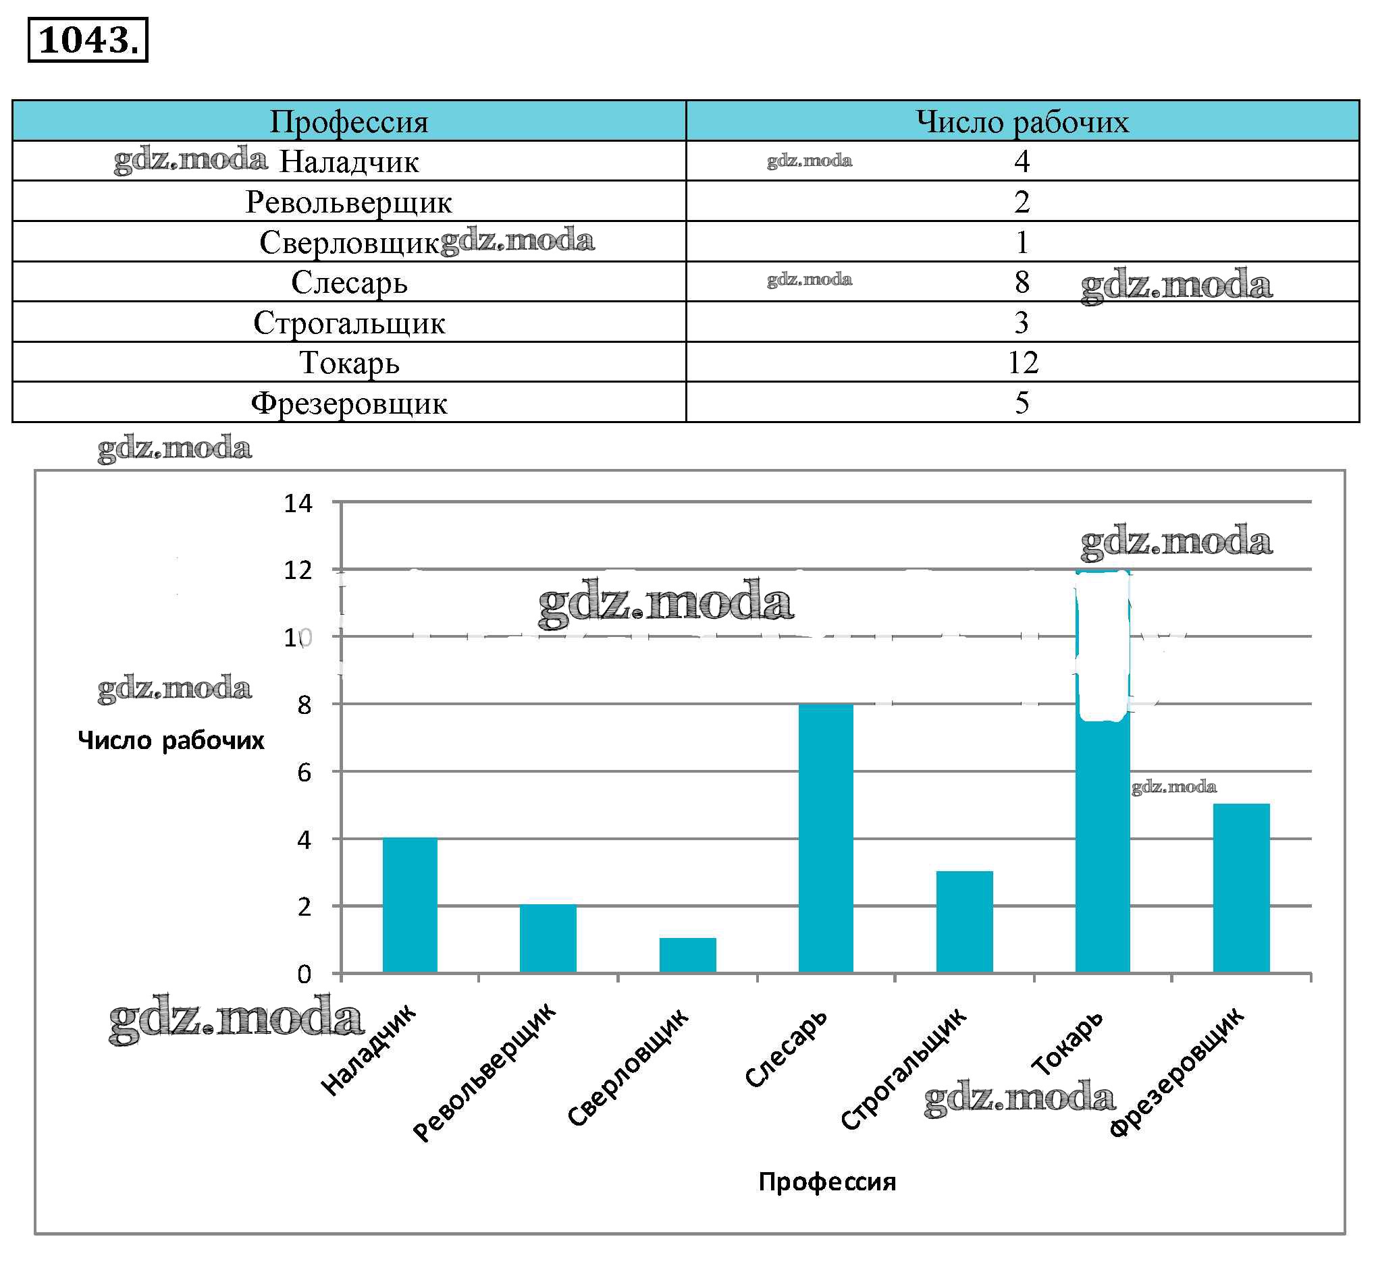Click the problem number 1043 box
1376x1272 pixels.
pos(88,40)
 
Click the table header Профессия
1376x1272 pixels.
pos(348,122)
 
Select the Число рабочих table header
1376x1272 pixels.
pos(1022,122)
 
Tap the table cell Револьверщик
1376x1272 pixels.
pos(348,202)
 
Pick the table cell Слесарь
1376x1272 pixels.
pos(348,282)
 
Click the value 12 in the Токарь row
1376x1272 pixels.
pos(1022,363)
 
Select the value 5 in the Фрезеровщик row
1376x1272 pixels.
pos(1022,403)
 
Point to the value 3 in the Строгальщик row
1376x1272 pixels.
pos(1022,322)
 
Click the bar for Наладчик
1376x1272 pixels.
pos(410,905)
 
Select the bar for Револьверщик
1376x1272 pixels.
pos(548,939)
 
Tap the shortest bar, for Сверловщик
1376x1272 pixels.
pos(687,956)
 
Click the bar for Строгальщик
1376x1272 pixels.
pos(964,922)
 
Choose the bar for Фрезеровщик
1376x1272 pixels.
pos(1241,888)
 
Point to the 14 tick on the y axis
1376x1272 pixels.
pos(298,504)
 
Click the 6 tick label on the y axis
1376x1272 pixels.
pos(304,773)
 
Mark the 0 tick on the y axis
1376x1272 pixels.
pos(304,974)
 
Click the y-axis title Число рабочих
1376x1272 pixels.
pos(171,741)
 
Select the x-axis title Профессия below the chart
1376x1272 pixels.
pos(826,1182)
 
